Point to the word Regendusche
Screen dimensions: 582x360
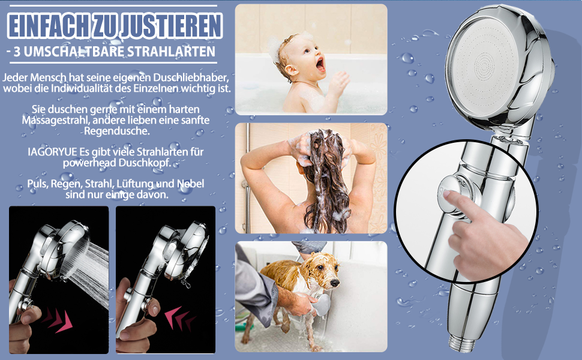tap(117, 131)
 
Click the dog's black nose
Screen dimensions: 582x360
tap(335, 283)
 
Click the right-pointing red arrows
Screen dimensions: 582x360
tap(58, 320)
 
